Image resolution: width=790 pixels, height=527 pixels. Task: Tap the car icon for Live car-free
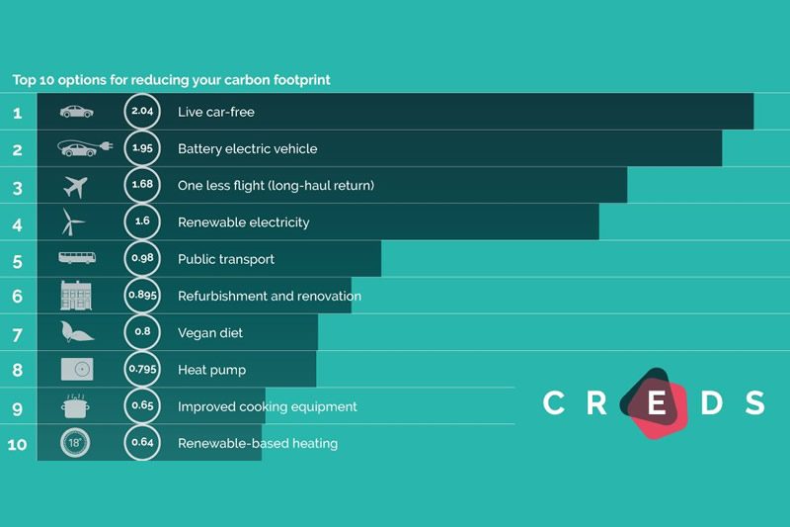(x=76, y=112)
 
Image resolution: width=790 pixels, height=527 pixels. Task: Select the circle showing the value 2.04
(x=141, y=112)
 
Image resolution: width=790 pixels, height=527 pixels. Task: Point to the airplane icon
(x=75, y=185)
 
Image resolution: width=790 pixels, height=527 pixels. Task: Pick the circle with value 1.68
(x=141, y=185)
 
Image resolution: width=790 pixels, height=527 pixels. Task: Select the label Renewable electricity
(x=243, y=222)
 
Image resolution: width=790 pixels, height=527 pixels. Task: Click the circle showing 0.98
(x=141, y=259)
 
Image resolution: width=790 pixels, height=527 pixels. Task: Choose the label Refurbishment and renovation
(x=269, y=296)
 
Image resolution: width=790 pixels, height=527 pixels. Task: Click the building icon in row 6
(x=75, y=296)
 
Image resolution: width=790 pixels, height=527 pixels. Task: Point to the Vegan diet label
(x=209, y=333)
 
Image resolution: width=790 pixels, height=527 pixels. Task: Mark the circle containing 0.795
(x=141, y=370)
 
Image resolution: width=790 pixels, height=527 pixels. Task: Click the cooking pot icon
(x=75, y=405)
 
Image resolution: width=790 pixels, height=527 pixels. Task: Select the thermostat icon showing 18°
(x=75, y=442)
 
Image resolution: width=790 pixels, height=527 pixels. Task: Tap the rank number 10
(x=17, y=444)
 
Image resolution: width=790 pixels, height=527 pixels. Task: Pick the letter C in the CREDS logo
(x=554, y=403)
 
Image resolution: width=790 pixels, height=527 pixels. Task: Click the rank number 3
(x=17, y=186)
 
